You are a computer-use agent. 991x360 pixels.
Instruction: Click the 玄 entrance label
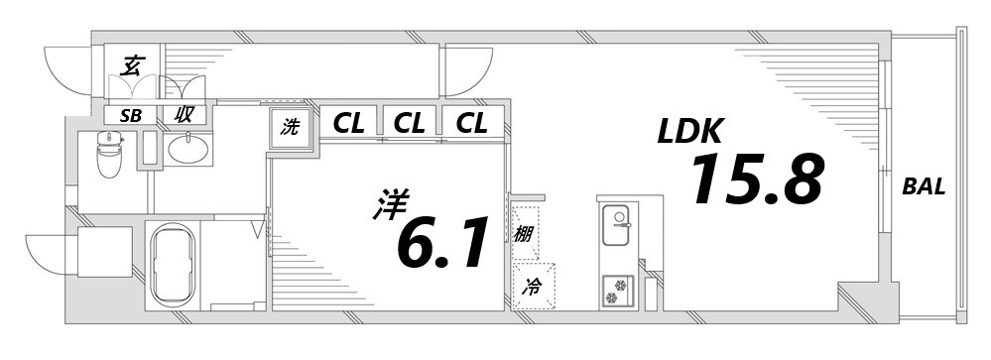[x=131, y=67]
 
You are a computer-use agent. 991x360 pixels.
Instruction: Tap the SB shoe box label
[x=131, y=115]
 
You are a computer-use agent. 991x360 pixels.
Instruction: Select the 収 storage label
[x=185, y=114]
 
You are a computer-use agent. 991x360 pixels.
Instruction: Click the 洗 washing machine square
[x=291, y=127]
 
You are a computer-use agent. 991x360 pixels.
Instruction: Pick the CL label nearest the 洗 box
[x=348, y=124]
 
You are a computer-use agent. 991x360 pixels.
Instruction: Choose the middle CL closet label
[x=410, y=124]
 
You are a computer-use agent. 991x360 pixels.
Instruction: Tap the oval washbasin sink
[x=186, y=150]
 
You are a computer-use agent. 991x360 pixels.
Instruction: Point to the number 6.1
[x=443, y=243]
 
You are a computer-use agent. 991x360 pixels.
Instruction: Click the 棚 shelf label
[x=523, y=235]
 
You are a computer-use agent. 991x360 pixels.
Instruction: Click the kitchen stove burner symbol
[x=619, y=290]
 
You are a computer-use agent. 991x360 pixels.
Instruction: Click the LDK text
[x=691, y=132]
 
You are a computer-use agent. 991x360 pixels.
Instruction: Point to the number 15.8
[x=756, y=180]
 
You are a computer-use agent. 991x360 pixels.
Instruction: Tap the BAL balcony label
[x=924, y=186]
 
